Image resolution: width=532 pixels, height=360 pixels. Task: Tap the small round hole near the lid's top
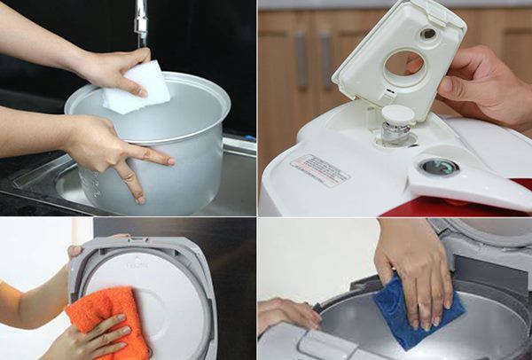pyautogui.click(x=428, y=34)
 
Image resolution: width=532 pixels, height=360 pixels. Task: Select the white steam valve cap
pyautogui.click(x=397, y=114)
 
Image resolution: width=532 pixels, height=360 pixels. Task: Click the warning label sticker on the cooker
pyautogui.click(x=320, y=169)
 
